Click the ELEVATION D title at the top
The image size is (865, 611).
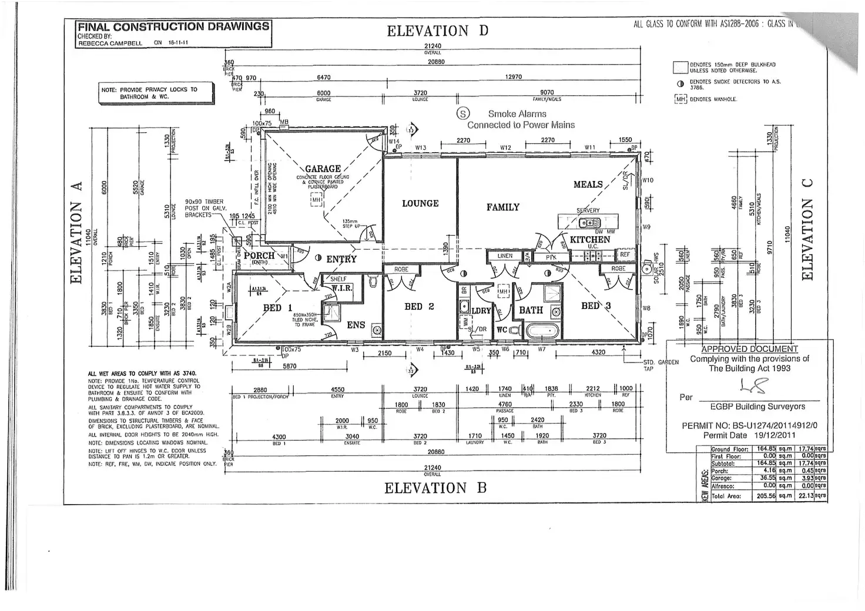pos(437,31)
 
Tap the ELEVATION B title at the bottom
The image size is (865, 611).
pos(435,488)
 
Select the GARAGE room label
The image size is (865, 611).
pos(323,169)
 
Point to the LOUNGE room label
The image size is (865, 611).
pos(420,203)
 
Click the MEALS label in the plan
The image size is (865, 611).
pos(588,184)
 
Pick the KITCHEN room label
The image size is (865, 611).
pos(590,240)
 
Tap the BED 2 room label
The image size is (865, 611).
pos(419,307)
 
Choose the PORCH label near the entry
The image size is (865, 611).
pos(259,256)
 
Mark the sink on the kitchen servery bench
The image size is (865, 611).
pos(586,223)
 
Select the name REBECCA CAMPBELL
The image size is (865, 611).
pos(110,43)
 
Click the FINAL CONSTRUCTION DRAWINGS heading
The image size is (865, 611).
pos(173,26)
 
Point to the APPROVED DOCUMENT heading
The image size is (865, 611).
pos(749,348)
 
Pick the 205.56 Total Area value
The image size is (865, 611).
pos(766,496)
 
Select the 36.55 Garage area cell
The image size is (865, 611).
pos(766,478)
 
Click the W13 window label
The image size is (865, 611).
pos(420,147)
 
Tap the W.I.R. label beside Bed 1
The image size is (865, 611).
pos(341,288)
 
